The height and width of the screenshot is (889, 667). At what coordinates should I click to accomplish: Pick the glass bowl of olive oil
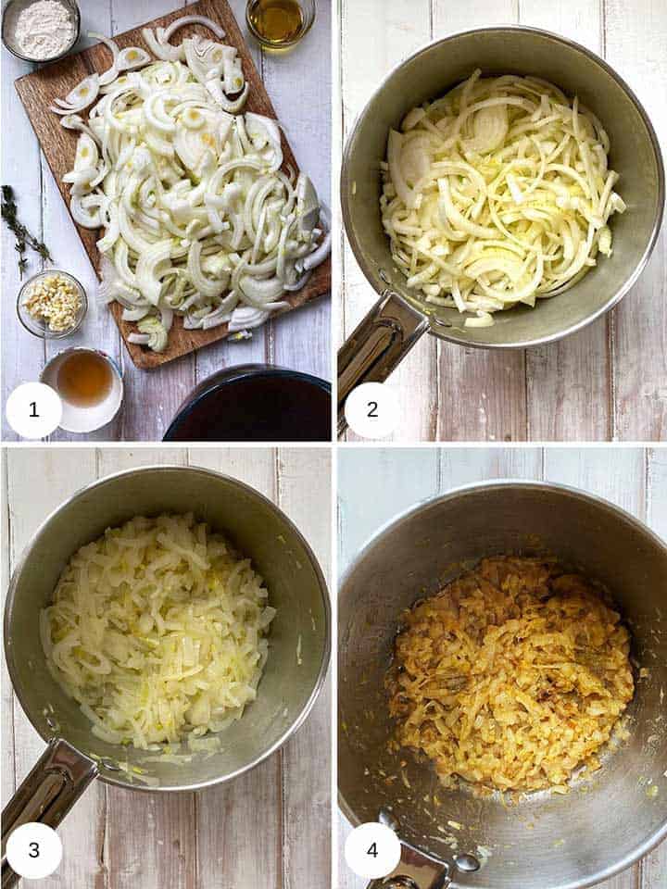coord(279,20)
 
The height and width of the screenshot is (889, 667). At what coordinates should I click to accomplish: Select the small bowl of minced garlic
coord(52,303)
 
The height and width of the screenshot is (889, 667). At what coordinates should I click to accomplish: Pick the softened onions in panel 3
coord(157,630)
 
